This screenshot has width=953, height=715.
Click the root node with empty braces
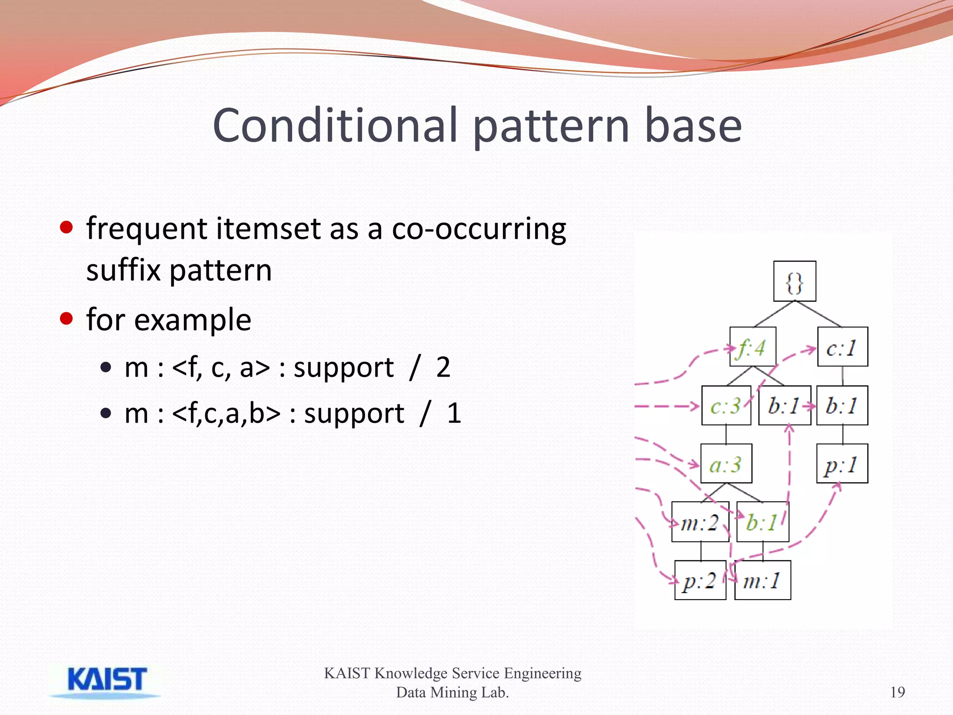(794, 281)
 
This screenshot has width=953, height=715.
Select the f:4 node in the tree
(752, 347)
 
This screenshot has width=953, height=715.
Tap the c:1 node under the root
(842, 347)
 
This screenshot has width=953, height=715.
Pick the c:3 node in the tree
(726, 405)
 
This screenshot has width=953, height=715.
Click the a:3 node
(726, 464)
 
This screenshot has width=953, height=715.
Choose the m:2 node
(700, 522)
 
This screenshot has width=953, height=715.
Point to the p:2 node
(700, 580)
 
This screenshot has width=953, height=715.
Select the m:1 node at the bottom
(762, 580)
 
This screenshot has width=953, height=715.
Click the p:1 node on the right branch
(842, 464)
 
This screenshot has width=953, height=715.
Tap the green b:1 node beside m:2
(763, 522)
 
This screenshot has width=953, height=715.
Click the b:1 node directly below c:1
(842, 405)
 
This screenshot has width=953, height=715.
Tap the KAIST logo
(106, 681)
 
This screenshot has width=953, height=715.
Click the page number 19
(897, 692)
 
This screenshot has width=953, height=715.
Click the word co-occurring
(479, 229)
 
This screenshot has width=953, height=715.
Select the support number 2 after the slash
(443, 367)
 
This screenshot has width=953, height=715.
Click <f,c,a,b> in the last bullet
(226, 413)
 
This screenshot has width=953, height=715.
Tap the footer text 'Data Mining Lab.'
(452, 693)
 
